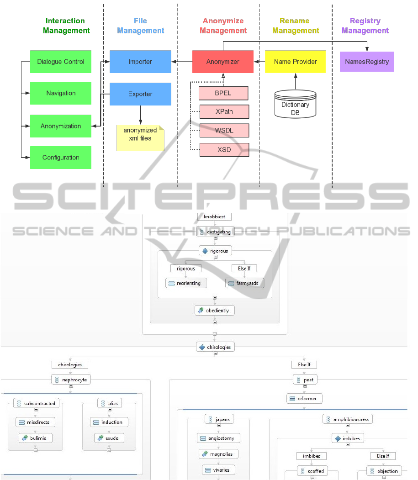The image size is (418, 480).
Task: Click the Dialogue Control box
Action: [61, 62]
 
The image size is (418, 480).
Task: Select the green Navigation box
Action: [61, 93]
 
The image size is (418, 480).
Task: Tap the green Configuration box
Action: [61, 158]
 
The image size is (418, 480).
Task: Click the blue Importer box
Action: [140, 62]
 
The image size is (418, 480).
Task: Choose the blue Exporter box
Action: [140, 94]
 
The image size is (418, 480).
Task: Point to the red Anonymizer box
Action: [223, 62]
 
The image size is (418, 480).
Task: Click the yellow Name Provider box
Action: [295, 62]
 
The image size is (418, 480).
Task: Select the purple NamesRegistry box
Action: [367, 62]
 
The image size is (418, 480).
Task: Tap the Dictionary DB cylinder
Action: [295, 105]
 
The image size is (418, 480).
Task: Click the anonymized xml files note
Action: [140, 137]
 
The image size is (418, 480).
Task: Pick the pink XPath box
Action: [224, 111]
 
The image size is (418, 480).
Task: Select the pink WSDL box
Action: [224, 131]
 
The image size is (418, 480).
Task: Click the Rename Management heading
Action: [295, 26]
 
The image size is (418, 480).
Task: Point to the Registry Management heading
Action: [365, 26]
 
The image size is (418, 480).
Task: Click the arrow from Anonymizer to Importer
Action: [182, 62]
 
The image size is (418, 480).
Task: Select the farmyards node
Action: [244, 283]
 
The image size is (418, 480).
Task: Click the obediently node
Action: [215, 311]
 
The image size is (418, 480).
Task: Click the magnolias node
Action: [218, 454]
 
